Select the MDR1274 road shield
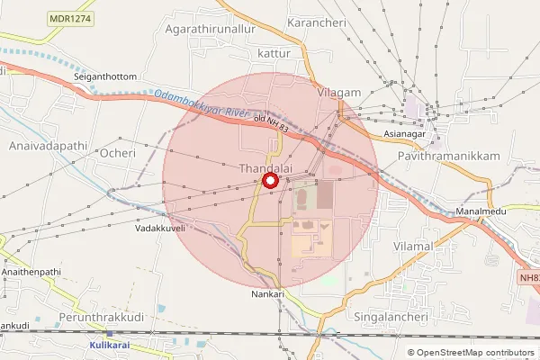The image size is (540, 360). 71,17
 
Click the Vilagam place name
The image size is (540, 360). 338,92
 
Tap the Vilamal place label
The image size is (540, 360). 413,246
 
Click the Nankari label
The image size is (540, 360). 267,293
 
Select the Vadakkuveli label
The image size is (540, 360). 159,229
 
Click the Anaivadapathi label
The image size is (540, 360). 40,145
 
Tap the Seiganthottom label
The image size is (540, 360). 105,76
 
